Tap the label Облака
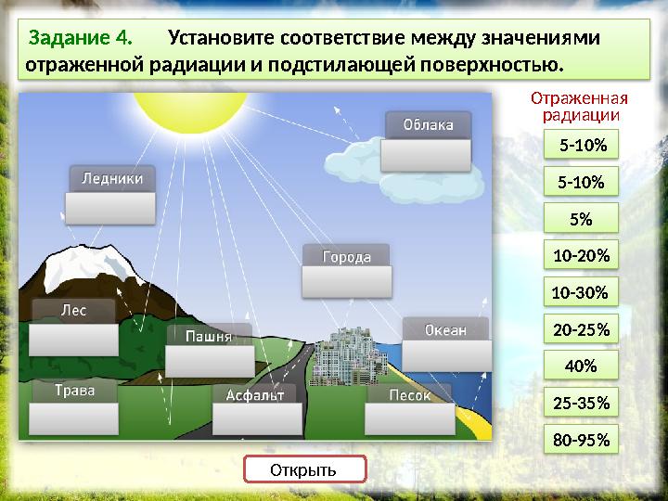428,125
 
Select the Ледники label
112,178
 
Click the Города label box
346,256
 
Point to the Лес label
73,311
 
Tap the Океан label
445,329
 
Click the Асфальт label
255,394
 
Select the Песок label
409,394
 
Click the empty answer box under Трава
74,419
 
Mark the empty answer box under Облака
428,155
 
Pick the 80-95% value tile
581,441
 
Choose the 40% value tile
580,366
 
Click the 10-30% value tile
580,293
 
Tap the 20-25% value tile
581,329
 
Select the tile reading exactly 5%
581,219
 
